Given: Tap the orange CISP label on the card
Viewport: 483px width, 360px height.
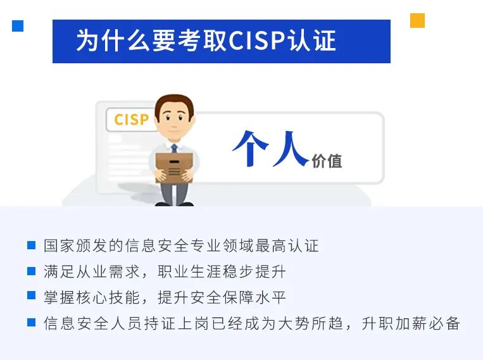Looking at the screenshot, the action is tap(132, 120).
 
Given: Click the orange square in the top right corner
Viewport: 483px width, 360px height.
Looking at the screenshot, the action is tap(417, 20).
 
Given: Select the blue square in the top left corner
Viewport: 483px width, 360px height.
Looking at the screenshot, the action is tap(18, 26).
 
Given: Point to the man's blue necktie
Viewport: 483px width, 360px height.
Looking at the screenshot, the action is tap(174, 149).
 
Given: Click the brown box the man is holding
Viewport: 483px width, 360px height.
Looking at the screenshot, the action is tap(174, 168).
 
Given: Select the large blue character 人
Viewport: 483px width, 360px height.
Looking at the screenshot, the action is tap(290, 149).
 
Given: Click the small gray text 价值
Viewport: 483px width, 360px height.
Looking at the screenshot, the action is tap(327, 161).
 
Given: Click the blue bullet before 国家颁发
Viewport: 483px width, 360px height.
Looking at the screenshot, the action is tap(32, 245).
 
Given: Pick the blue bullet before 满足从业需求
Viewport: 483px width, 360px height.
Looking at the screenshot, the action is tap(32, 271).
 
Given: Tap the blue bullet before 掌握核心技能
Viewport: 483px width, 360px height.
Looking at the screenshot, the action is tap(32, 295).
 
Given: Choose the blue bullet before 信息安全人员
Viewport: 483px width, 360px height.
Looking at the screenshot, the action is tap(32, 322).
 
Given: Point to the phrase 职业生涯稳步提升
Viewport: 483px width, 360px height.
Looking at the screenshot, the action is tap(222, 271).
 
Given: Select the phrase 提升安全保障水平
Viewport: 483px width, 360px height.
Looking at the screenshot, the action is tap(222, 297).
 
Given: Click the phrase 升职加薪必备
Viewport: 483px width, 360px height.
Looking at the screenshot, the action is tap(411, 323).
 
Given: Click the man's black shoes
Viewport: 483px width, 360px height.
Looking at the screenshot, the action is tap(174, 204).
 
